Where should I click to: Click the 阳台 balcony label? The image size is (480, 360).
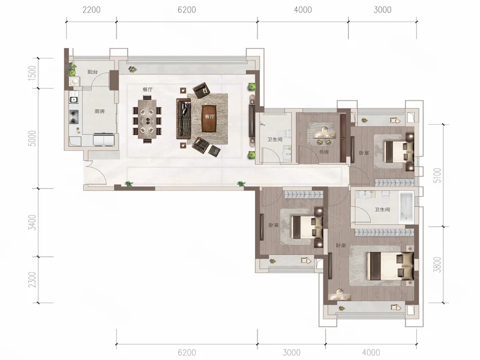point(92,72)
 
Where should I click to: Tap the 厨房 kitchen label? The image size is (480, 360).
point(100,111)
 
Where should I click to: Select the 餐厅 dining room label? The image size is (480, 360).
point(147,89)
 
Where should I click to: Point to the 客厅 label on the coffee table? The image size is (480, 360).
point(209,116)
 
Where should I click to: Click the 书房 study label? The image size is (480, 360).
point(323,152)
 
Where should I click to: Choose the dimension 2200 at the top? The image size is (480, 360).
point(91,10)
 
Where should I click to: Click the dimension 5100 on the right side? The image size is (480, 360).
point(438,175)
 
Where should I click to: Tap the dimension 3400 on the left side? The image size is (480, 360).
point(32,223)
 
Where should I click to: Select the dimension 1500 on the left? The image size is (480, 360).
point(32,73)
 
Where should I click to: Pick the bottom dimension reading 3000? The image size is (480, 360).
point(292,352)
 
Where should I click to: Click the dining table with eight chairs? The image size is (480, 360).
point(147,119)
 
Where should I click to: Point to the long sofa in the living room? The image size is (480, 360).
point(184,118)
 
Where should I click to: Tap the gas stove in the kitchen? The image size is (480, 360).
point(74,116)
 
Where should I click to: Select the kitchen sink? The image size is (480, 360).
point(73,99)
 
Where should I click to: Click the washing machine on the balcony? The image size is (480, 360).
point(74,82)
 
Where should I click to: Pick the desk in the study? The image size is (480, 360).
point(324,134)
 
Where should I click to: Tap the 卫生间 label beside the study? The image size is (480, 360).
point(275,140)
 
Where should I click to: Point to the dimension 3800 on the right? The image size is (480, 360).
point(438,265)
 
